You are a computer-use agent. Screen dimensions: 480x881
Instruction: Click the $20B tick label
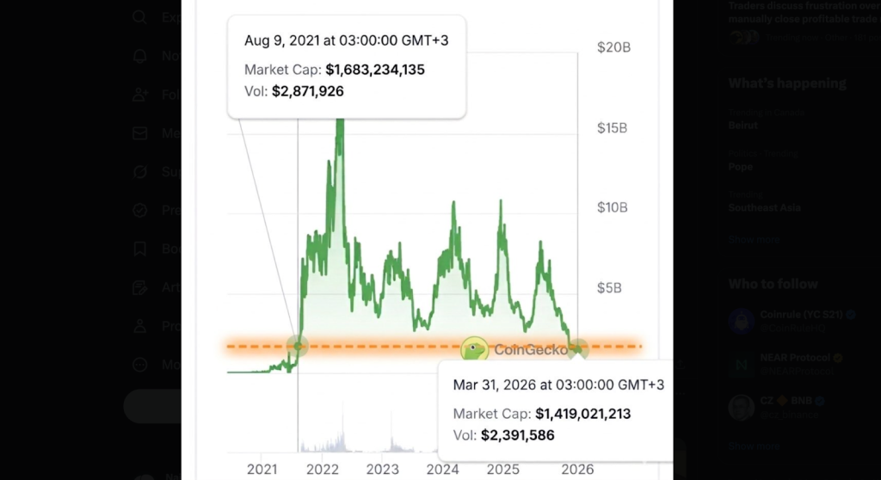pyautogui.click(x=613, y=47)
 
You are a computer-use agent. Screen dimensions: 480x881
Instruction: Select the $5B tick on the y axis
pyautogui.click(x=609, y=287)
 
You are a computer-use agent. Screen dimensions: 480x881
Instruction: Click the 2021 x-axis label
pyautogui.click(x=262, y=469)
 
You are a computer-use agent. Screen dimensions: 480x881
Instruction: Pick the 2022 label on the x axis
pyautogui.click(x=323, y=469)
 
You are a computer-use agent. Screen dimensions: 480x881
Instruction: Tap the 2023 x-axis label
pyautogui.click(x=383, y=469)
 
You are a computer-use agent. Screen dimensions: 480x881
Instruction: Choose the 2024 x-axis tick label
pyautogui.click(x=442, y=469)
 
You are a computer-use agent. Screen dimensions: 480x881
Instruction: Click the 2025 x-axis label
pyautogui.click(x=503, y=469)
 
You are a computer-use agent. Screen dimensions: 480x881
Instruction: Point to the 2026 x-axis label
pyautogui.click(x=577, y=469)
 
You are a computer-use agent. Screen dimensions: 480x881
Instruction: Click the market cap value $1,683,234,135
pyautogui.click(x=375, y=70)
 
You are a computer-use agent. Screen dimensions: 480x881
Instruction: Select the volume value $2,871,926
pyautogui.click(x=307, y=90)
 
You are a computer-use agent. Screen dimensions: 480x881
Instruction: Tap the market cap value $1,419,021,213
pyautogui.click(x=583, y=414)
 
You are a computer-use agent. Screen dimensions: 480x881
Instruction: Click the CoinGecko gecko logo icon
pyautogui.click(x=474, y=348)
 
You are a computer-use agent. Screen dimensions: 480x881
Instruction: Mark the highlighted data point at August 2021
pyautogui.click(x=299, y=346)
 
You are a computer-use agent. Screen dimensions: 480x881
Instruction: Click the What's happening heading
pyautogui.click(x=787, y=83)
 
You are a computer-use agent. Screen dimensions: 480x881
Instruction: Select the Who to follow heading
pyautogui.click(x=773, y=284)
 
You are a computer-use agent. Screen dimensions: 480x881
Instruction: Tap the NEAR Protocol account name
pyautogui.click(x=795, y=357)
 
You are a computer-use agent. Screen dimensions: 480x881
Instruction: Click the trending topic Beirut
pyautogui.click(x=743, y=125)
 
